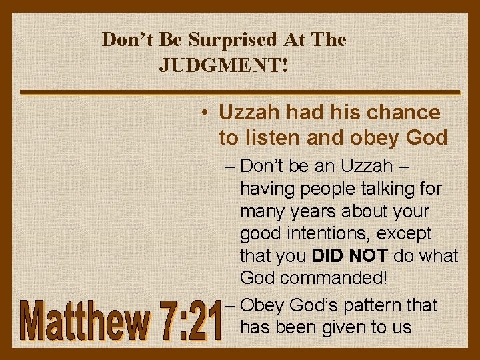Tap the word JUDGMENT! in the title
[x=224, y=65]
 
